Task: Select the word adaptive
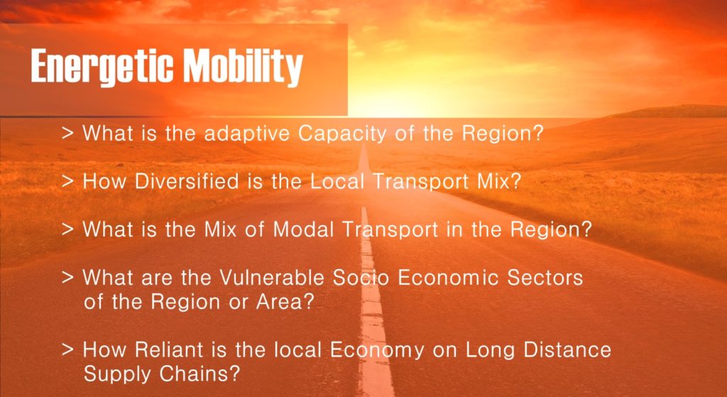(x=247, y=134)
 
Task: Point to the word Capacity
(x=341, y=134)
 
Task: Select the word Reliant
(x=165, y=349)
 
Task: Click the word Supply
(x=118, y=374)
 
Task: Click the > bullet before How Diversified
(x=67, y=182)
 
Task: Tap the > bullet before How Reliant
(x=67, y=349)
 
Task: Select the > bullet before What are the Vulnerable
(x=67, y=278)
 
